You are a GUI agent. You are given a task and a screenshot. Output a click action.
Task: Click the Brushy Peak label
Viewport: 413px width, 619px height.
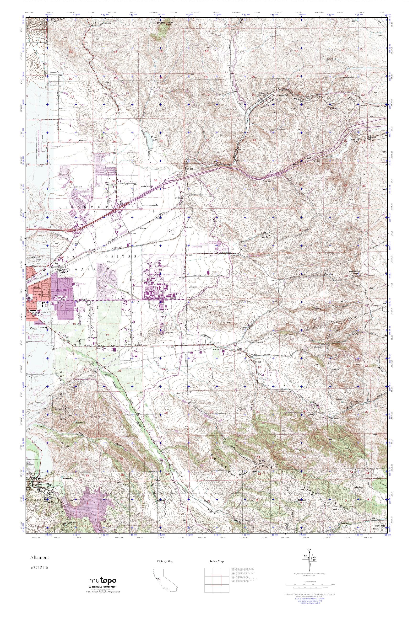(165, 23)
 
